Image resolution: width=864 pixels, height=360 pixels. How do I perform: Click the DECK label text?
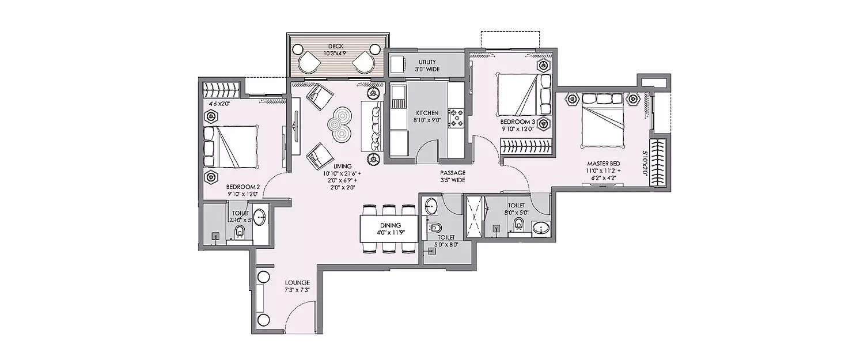click(336, 46)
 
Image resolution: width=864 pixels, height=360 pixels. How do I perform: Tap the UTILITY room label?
click(427, 62)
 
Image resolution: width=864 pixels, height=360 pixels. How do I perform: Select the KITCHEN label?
click(426, 113)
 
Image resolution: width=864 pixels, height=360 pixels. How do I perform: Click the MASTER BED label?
click(603, 164)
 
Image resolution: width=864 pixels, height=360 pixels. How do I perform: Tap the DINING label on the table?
click(390, 225)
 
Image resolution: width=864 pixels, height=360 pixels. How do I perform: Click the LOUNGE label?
click(297, 283)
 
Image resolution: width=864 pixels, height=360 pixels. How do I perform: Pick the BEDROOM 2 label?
click(243, 187)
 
